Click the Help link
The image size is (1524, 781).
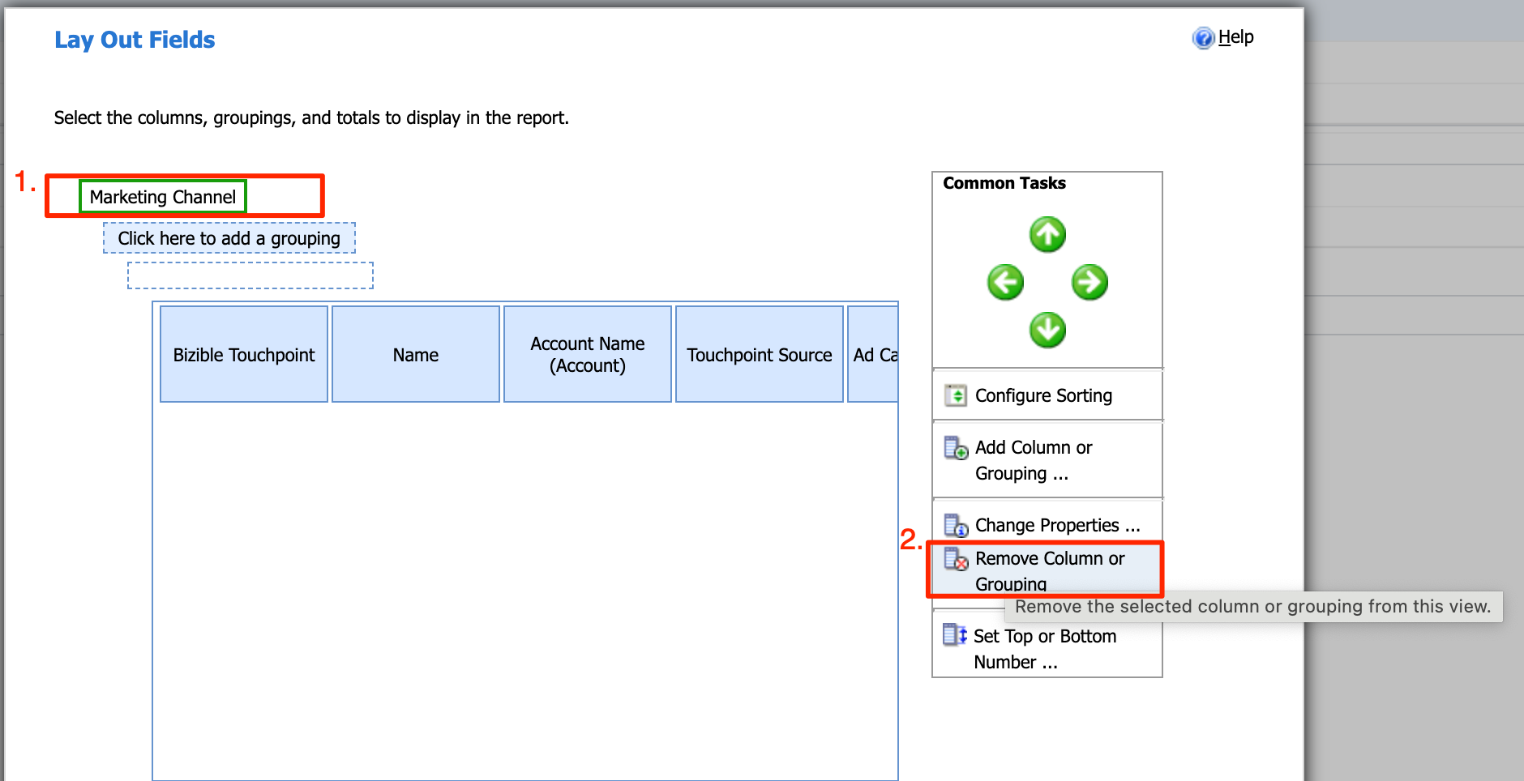[x=1235, y=37]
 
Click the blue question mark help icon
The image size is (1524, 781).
[x=1203, y=38]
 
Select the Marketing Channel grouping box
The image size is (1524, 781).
[x=163, y=197]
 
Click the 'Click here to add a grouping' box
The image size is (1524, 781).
[x=229, y=238]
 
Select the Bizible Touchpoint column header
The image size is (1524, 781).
[x=244, y=354]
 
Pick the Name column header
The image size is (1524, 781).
[x=416, y=354]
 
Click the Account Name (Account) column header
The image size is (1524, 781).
[x=588, y=354]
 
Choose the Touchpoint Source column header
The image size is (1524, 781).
[x=760, y=354]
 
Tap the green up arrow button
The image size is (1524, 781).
[x=1047, y=235]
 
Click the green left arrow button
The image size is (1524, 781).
[x=1005, y=283]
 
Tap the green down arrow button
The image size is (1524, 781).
[x=1047, y=331]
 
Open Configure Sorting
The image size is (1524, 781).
[x=1043, y=395]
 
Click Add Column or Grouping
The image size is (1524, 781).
[x=1034, y=459]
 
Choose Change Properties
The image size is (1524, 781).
[x=1056, y=525]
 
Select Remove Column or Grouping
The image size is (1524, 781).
[x=1049, y=570]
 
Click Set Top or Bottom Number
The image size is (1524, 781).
[x=1044, y=648]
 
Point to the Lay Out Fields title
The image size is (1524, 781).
[x=135, y=40]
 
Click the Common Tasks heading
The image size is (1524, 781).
[x=1004, y=183]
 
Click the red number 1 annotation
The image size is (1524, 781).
[x=24, y=181]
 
